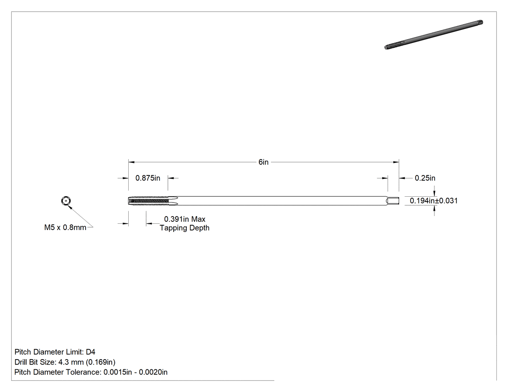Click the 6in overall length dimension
[263, 162]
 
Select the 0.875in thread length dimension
[148, 178]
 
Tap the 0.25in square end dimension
[425, 178]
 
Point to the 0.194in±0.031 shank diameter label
[434, 201]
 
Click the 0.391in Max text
[185, 219]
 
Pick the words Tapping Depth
[185, 228]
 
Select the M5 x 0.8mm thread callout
[65, 228]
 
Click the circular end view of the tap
[66, 201]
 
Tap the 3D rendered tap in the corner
[434, 35]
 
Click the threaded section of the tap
[149, 201]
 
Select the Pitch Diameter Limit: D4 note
[55, 352]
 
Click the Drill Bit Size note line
[65, 362]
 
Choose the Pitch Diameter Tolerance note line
[91, 372]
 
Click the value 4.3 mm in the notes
[71, 362]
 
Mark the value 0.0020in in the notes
[153, 372]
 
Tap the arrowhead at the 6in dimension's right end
[396, 162]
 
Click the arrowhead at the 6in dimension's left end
[132, 162]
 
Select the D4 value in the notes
[91, 352]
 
